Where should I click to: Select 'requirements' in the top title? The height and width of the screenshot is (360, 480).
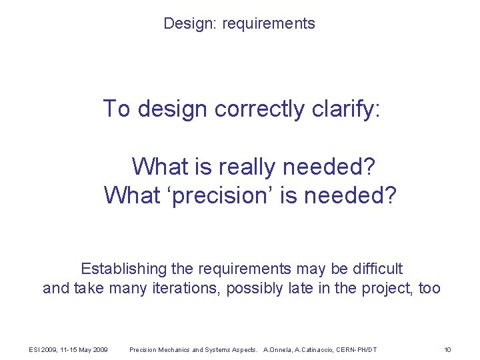[x=269, y=24]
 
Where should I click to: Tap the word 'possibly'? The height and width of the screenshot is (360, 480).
[x=254, y=289]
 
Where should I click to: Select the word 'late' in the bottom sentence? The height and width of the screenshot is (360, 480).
[x=299, y=289]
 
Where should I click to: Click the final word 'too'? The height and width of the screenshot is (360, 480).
[x=429, y=289]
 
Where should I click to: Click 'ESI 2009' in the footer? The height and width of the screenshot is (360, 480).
[x=43, y=349]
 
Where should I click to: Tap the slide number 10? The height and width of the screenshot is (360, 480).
[x=447, y=349]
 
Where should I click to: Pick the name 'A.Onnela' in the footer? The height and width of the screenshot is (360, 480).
[x=279, y=349]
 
